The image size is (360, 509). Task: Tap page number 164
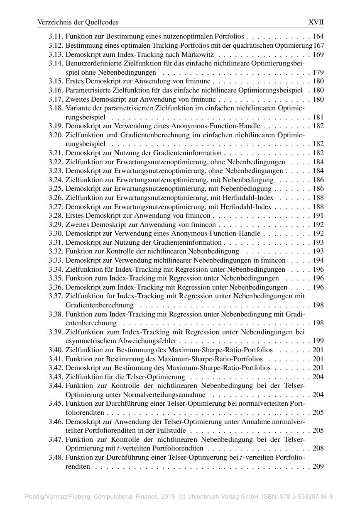(318, 37)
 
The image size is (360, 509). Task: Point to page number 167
(319, 45)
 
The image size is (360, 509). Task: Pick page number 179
(318, 72)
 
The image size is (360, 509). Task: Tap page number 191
(318, 216)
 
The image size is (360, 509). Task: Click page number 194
(318, 261)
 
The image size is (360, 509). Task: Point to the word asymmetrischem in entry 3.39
(88, 341)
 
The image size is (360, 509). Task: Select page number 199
(318, 341)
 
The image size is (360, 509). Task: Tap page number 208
(318, 448)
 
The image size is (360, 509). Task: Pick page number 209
(318, 467)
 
